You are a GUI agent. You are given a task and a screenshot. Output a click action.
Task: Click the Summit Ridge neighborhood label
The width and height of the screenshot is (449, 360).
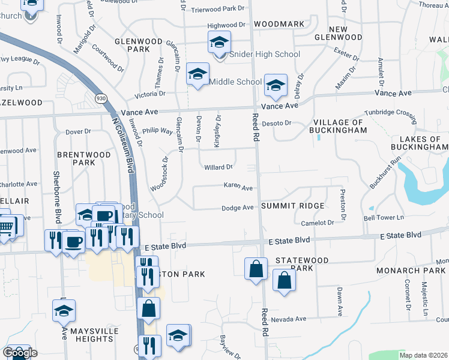click(293, 206)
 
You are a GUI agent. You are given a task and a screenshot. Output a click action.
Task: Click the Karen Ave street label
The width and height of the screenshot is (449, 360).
click(238, 187)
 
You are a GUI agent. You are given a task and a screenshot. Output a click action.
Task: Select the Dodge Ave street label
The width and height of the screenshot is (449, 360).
click(238, 208)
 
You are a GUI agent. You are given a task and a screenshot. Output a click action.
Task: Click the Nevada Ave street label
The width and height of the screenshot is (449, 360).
click(289, 319)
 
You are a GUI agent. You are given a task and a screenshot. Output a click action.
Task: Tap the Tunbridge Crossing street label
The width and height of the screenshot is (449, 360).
click(391, 114)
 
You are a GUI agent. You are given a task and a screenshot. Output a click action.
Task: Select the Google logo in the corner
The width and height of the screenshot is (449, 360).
click(20, 353)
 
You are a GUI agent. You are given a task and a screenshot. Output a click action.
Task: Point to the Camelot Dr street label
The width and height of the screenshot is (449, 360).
click(317, 223)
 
